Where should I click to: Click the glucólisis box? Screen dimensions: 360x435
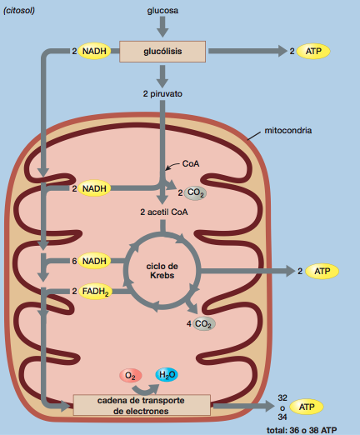pyautogui.click(x=162, y=52)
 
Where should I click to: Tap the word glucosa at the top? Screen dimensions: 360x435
pyautogui.click(x=162, y=11)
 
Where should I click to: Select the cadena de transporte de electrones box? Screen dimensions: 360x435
pyautogui.click(x=142, y=405)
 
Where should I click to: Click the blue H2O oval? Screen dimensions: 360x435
pyautogui.click(x=167, y=375)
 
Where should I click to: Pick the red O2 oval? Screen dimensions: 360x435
pyautogui.click(x=130, y=376)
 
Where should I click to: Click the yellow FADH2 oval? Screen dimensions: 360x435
pyautogui.click(x=95, y=292)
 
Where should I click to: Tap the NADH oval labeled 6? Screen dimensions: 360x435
pyautogui.click(x=94, y=261)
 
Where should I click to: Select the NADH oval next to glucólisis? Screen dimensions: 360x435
pyautogui.click(x=94, y=51)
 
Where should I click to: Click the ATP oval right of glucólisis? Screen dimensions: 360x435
pyautogui.click(x=313, y=51)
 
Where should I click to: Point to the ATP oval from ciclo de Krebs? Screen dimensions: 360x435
pyautogui.click(x=322, y=271)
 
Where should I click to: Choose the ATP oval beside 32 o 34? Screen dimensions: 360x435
pyautogui.click(x=307, y=407)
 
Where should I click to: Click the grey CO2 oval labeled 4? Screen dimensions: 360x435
pyautogui.click(x=203, y=323)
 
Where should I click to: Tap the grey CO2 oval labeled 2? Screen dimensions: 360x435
pyautogui.click(x=195, y=192)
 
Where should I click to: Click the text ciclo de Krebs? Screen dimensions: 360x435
pyautogui.click(x=162, y=271)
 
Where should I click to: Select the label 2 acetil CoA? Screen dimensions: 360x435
pyautogui.click(x=164, y=212)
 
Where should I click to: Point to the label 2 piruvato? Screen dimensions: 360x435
pyautogui.click(x=162, y=94)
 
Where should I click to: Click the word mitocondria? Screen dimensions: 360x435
pyautogui.click(x=288, y=131)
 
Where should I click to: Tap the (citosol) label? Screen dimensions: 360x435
pyautogui.click(x=19, y=11)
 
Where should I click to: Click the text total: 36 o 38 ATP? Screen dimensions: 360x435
pyautogui.click(x=302, y=430)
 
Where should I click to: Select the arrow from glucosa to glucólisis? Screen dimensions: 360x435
pyautogui.click(x=162, y=27)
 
